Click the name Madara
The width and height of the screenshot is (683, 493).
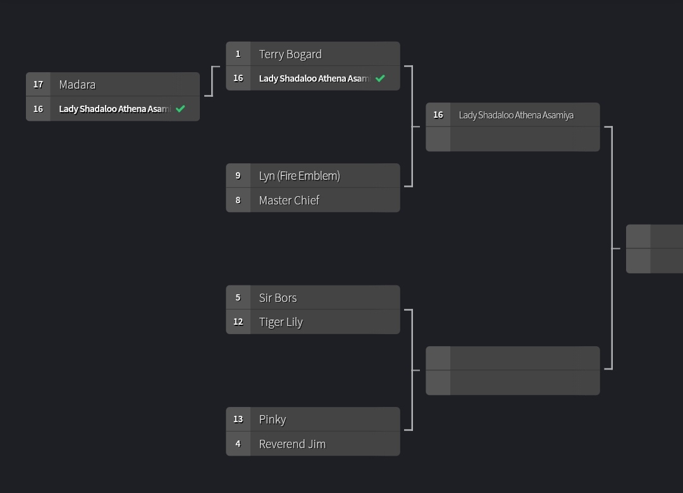click(x=77, y=85)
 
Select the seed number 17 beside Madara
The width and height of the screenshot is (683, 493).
click(x=38, y=84)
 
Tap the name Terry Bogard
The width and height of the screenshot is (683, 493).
click(x=290, y=54)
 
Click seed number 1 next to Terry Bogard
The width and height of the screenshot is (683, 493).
click(x=238, y=54)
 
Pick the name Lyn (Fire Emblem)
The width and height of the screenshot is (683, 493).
click(x=299, y=176)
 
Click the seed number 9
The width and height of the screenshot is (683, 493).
click(x=238, y=176)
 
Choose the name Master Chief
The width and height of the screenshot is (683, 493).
click(x=289, y=201)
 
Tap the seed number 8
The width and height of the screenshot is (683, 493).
click(x=238, y=200)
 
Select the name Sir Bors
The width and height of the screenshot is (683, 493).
click(x=278, y=298)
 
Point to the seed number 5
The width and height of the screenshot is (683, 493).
click(x=238, y=297)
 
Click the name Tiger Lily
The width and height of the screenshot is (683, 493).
click(x=281, y=322)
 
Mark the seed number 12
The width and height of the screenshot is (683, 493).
click(x=238, y=321)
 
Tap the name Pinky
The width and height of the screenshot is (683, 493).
click(x=273, y=420)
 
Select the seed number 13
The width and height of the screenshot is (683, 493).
click(x=238, y=419)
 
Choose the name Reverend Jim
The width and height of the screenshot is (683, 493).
click(x=292, y=444)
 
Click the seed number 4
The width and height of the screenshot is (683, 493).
click(x=238, y=444)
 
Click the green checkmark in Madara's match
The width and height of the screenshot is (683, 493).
click(x=180, y=109)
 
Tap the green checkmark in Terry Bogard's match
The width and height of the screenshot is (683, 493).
click(x=380, y=78)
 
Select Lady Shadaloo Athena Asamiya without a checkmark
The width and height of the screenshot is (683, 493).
click(x=516, y=115)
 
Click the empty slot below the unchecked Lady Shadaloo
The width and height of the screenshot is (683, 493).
click(x=524, y=139)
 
